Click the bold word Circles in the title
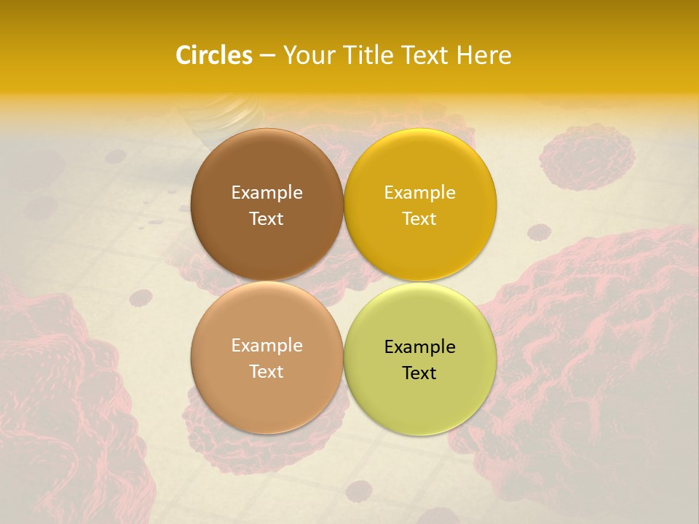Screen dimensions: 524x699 (x=214, y=55)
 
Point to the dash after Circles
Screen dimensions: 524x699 (x=266, y=56)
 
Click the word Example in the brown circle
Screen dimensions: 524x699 (x=266, y=193)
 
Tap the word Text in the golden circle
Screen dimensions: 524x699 (x=419, y=219)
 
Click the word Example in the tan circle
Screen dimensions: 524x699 (x=266, y=346)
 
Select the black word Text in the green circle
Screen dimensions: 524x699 (x=419, y=373)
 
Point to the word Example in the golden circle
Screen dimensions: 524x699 (x=419, y=193)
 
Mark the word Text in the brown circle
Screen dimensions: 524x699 (x=266, y=219)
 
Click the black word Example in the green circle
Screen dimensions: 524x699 (x=419, y=347)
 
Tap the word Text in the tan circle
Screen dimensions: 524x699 (x=266, y=372)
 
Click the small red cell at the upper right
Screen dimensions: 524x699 (x=587, y=156)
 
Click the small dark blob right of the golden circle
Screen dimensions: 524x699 (x=539, y=232)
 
